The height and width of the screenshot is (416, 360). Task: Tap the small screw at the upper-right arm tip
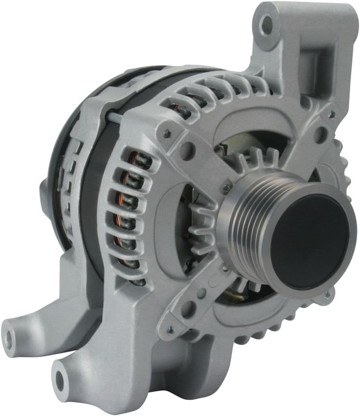pyautogui.click(x=332, y=115)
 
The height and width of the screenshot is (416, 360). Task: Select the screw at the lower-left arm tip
pyautogui.click(x=170, y=330)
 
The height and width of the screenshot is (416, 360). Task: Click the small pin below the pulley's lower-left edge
pyautogui.click(x=224, y=269)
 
